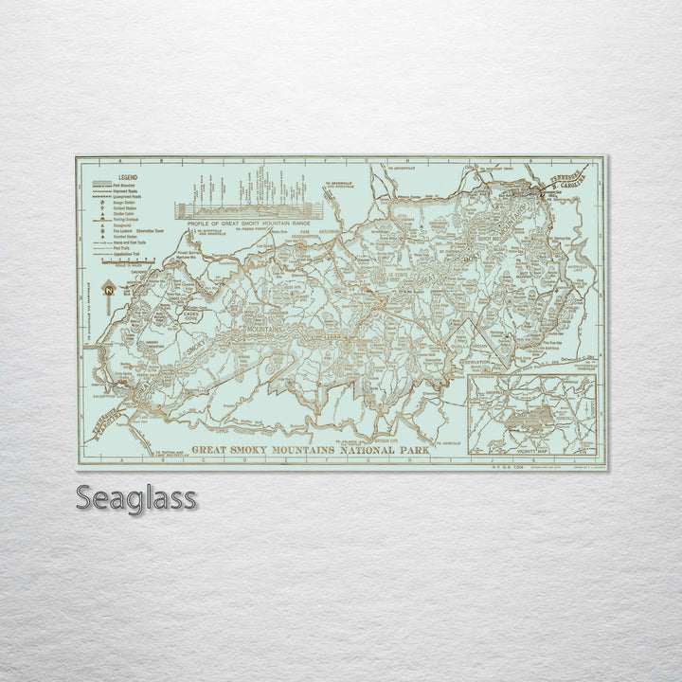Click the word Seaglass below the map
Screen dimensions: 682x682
point(136,497)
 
